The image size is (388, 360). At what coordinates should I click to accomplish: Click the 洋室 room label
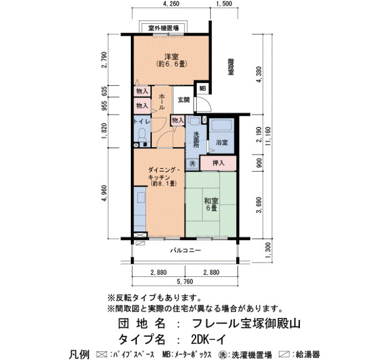click(x=171, y=57)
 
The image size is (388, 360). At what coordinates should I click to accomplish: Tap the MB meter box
click(x=203, y=89)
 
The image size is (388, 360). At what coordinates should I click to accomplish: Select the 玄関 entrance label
click(x=184, y=100)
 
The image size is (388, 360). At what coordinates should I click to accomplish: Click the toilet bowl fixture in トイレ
click(x=142, y=134)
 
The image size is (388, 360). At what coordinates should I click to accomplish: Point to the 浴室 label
click(x=222, y=142)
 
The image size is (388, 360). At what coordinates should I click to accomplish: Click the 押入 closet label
click(x=218, y=163)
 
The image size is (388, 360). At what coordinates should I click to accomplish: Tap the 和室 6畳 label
click(x=211, y=204)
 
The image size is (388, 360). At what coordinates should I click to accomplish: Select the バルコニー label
click(x=185, y=250)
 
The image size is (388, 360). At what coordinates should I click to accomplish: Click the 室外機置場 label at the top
click(x=164, y=28)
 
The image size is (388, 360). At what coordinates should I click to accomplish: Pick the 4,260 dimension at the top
click(x=171, y=4)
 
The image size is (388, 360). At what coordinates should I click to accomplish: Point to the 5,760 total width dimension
click(x=185, y=281)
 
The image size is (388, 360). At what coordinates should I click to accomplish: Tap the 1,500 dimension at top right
click(x=224, y=4)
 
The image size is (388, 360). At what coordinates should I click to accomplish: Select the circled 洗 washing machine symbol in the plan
click(x=192, y=163)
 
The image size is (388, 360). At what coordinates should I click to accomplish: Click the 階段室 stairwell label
click(x=231, y=66)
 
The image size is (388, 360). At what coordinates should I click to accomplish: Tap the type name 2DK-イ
click(x=208, y=340)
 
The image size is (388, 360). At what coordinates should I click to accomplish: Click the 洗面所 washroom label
click(x=196, y=140)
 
